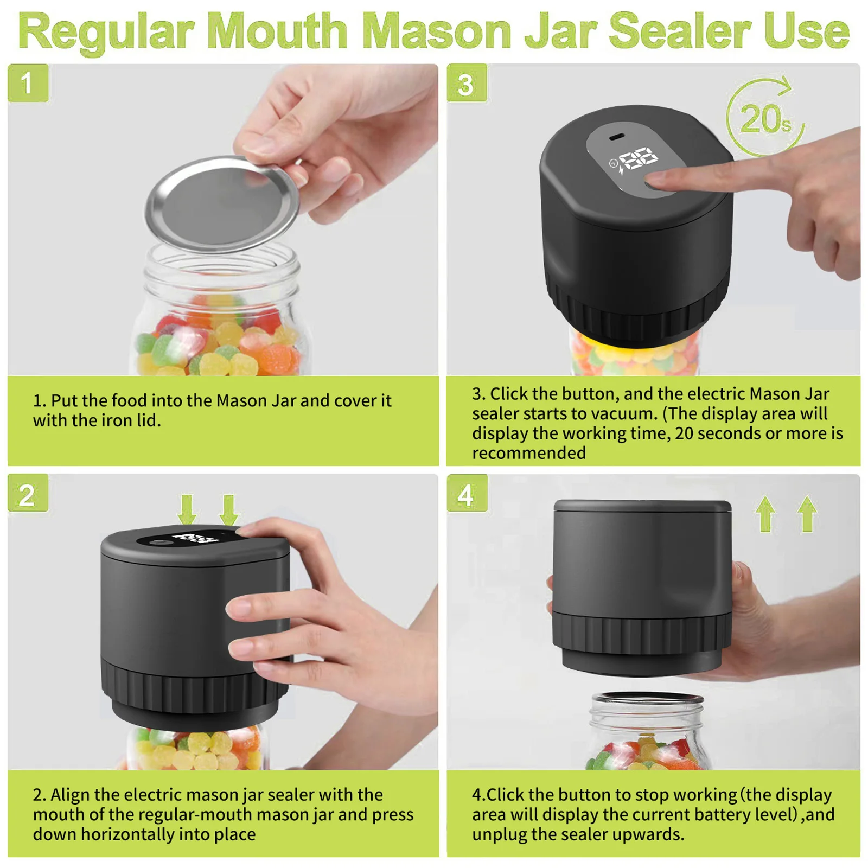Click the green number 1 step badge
[x=28, y=83]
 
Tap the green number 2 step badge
[x=28, y=494]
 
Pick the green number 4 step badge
[x=467, y=494]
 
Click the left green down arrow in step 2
[x=187, y=508]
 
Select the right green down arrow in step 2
[x=229, y=508]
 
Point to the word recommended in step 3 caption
[x=529, y=453]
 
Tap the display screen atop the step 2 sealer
[x=187, y=538]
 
